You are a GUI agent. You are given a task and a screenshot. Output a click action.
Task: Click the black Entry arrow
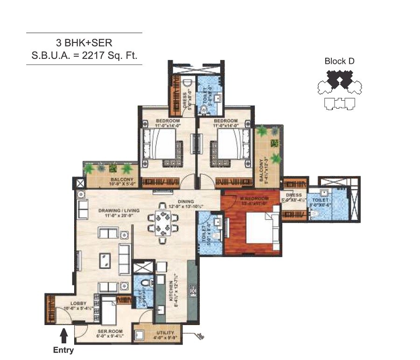pos(64,334)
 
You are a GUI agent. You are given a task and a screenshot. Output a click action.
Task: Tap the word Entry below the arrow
pos(63,350)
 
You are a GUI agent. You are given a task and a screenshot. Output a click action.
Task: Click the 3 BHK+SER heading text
pos(84,43)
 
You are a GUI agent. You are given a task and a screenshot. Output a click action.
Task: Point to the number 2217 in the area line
pos(98,56)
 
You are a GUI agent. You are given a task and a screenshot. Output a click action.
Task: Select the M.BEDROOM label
pos(252,198)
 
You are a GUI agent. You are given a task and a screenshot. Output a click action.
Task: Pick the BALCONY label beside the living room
pos(122,180)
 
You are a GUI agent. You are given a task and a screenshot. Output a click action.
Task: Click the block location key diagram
pos(340,89)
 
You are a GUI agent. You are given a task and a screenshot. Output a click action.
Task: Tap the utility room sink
pos(139,334)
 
